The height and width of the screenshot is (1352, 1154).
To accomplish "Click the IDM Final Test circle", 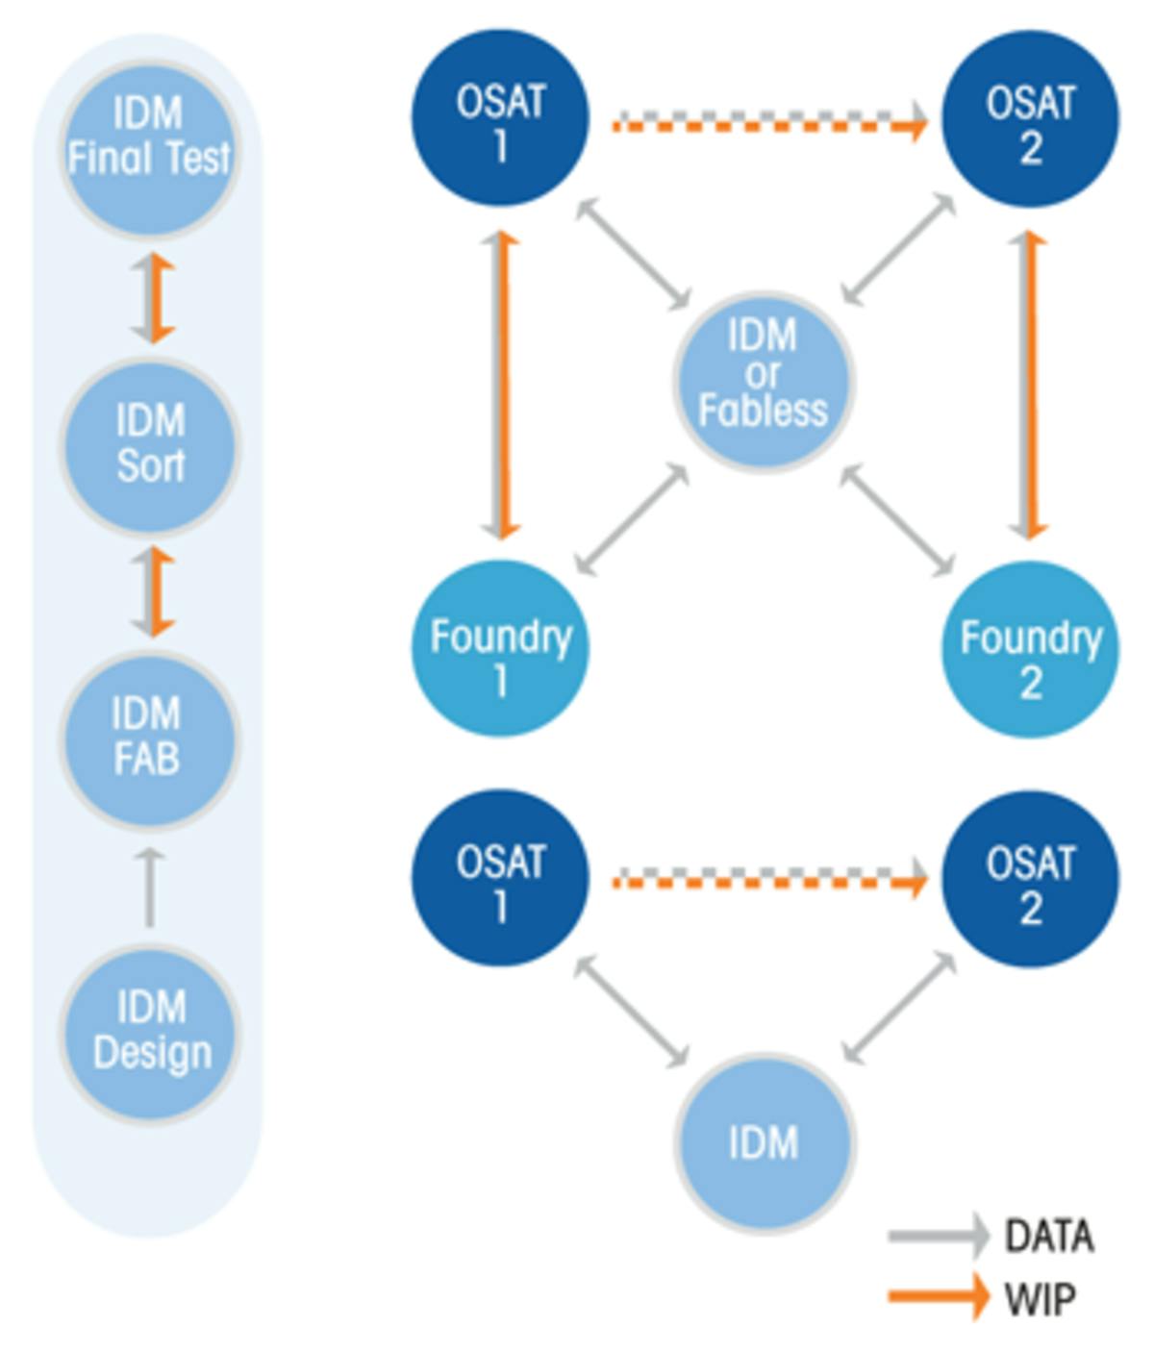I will coord(149,149).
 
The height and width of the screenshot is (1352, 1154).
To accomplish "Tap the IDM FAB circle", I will coord(149,738).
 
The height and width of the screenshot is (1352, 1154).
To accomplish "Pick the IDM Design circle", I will coord(149,1032).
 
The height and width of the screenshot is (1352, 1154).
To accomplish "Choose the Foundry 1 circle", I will coord(500,649).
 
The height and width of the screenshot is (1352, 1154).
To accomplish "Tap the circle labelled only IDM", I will coord(764,1142).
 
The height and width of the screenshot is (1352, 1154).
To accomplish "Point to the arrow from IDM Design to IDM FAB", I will coord(149,887).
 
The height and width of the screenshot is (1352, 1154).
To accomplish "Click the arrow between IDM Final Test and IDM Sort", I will coord(152,298).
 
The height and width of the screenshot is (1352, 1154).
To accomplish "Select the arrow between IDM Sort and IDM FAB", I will coord(152,591).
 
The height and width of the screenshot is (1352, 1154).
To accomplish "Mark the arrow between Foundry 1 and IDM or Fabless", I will coord(631,520).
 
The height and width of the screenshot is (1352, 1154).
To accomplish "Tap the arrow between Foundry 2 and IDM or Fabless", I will coord(896,520).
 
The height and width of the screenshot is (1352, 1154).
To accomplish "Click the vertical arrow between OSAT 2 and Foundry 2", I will coord(1028,385).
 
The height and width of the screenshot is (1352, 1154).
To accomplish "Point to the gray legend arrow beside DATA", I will coord(938,1236).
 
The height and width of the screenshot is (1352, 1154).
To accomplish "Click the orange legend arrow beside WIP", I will coord(938,1297).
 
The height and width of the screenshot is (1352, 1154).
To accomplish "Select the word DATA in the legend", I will coord(1048,1237).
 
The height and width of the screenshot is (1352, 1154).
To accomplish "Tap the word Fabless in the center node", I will coord(763,412).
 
